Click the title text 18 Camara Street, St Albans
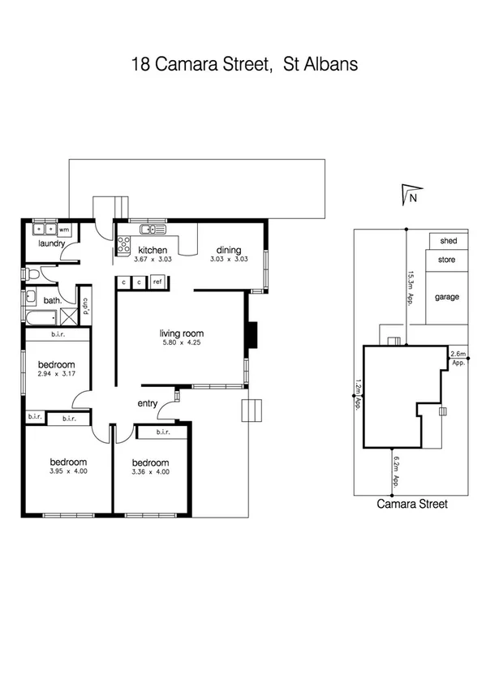coord(243,64)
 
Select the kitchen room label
coord(153,250)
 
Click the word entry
coord(147,403)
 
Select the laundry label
coord(51,243)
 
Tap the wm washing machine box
coord(64,230)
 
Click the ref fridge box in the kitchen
coord(157,282)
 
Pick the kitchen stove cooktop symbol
coord(126,244)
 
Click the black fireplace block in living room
coord(252,333)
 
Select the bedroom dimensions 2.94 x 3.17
coord(56,375)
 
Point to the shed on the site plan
coord(448,241)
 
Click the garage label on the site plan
coord(447,297)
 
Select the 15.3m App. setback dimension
coord(411,286)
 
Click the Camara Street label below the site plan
coord(412,503)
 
